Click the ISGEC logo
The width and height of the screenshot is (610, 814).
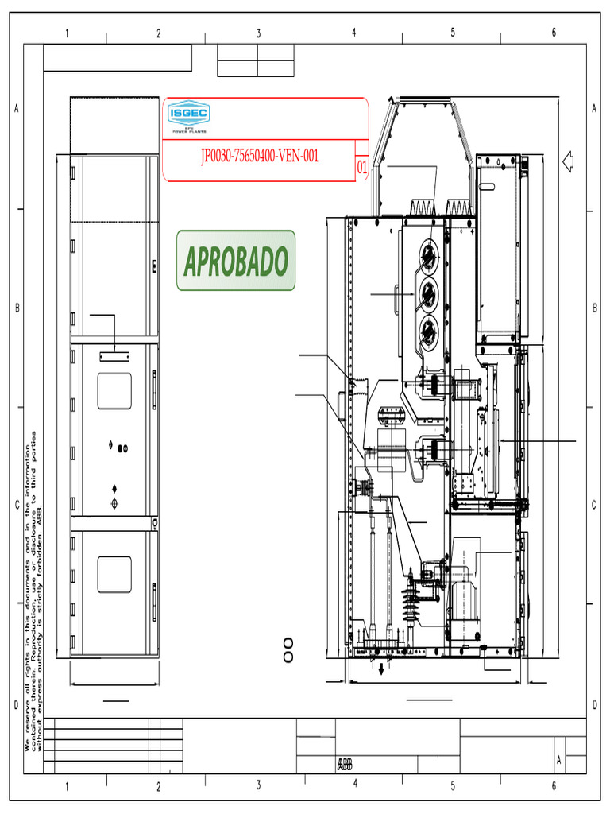[187, 116]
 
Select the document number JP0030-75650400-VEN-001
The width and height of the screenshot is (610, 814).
[259, 156]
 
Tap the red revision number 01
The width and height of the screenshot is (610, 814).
[361, 168]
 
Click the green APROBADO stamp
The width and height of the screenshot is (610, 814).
[235, 261]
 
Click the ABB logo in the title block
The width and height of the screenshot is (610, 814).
[345, 765]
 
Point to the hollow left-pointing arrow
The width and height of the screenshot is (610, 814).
[568, 161]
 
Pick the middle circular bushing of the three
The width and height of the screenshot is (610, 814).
[429, 292]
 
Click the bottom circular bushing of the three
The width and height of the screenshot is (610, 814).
[429, 328]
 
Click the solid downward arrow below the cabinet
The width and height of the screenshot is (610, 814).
[382, 669]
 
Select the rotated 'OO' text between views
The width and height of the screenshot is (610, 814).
[288, 649]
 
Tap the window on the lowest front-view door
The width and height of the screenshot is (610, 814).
[114, 574]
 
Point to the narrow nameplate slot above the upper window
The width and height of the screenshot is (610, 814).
[114, 358]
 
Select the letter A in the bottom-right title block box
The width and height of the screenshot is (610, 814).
[559, 761]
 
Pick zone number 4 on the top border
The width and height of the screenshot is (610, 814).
[354, 33]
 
